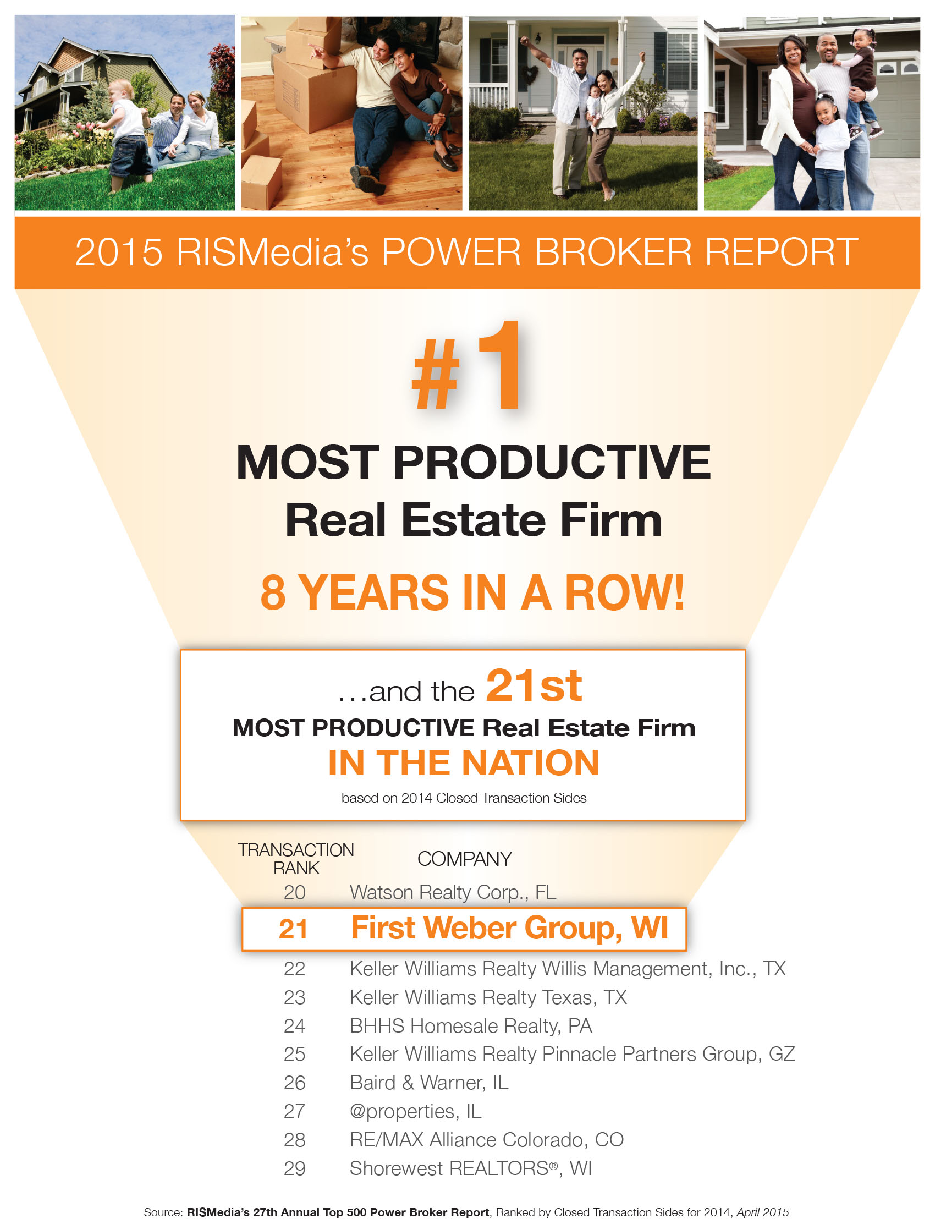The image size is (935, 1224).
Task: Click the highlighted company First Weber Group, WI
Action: [509, 928]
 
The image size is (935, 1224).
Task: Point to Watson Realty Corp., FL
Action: [453, 892]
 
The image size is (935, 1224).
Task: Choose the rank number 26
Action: [294, 1083]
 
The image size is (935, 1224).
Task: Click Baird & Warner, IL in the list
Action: [428, 1083]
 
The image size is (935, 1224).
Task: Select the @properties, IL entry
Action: [415, 1111]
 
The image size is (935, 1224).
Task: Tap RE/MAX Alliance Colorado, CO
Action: [486, 1139]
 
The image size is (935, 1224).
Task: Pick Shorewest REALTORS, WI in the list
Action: [470, 1168]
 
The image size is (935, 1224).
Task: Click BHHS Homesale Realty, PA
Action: [470, 1025]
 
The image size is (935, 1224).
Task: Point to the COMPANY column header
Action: [464, 859]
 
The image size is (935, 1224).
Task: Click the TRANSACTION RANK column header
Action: [295, 859]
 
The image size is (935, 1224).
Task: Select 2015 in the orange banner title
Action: [119, 252]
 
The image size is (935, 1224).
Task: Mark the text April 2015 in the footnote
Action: [762, 1212]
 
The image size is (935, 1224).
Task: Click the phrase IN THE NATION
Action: [464, 762]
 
